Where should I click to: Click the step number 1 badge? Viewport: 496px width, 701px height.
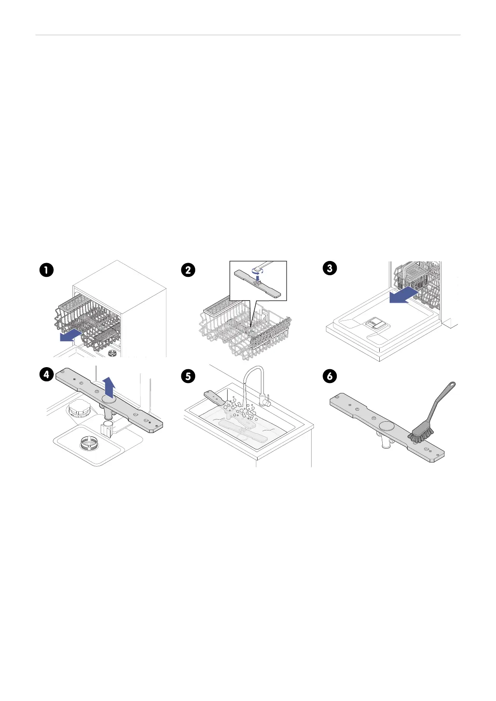(47, 270)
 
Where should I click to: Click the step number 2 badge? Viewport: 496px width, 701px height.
(188, 270)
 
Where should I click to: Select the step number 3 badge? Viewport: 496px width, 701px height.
(330, 268)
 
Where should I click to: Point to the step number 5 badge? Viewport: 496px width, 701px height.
(188, 376)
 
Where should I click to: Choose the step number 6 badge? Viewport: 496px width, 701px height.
(330, 376)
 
